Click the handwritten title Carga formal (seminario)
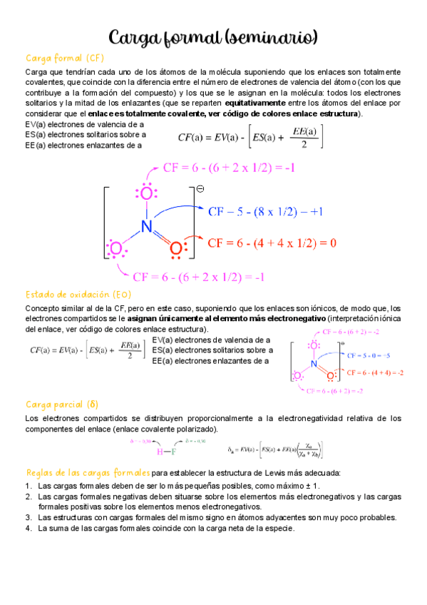(x=213, y=37)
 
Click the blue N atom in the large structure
(x=147, y=226)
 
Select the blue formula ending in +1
(x=266, y=212)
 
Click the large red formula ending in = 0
(x=272, y=243)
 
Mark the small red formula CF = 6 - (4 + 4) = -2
(x=375, y=372)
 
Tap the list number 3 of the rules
(x=28, y=517)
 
